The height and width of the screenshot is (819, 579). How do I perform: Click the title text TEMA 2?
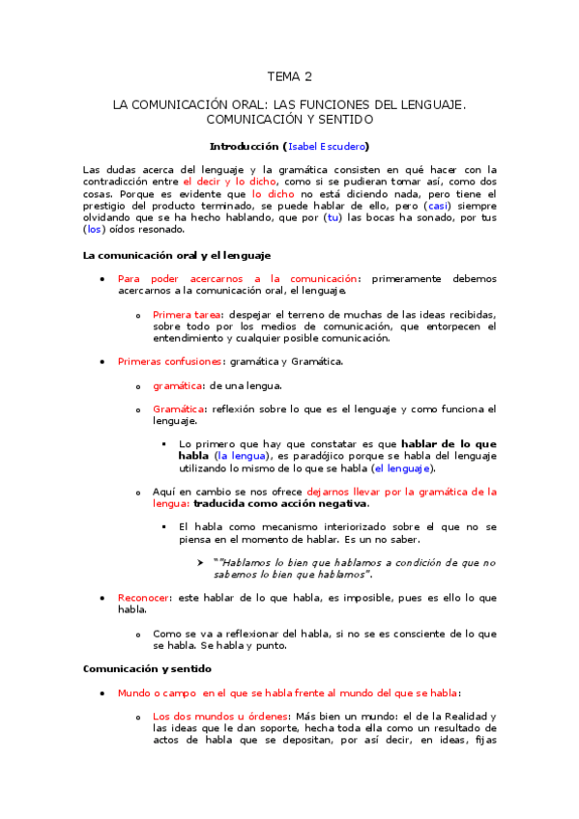290,76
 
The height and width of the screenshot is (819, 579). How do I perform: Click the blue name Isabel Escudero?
327,146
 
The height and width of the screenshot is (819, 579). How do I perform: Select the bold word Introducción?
245,146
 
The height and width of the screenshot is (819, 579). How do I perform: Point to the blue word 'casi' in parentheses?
439,205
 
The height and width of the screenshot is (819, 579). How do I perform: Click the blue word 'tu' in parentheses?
333,217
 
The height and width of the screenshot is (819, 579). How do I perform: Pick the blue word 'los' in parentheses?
93,230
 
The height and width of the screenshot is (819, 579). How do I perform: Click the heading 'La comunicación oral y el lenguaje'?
177,255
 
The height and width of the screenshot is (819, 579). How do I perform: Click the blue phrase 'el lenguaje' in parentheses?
404,468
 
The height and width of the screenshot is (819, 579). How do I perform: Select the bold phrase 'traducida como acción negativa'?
280,503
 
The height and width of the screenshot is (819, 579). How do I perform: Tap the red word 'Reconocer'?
143,598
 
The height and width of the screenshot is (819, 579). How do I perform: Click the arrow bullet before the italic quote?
202,562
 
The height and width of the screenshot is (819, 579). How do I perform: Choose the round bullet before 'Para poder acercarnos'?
103,279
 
